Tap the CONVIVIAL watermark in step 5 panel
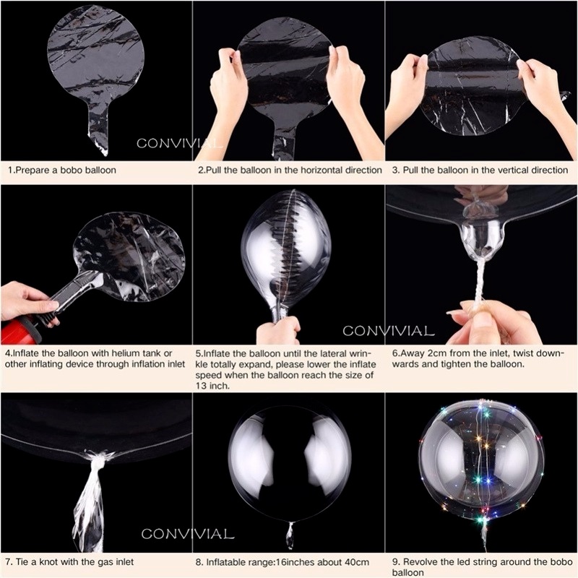point(388,332)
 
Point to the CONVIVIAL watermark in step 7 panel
point(187,535)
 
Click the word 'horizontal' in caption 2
point(313,171)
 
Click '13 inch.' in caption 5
point(213,386)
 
